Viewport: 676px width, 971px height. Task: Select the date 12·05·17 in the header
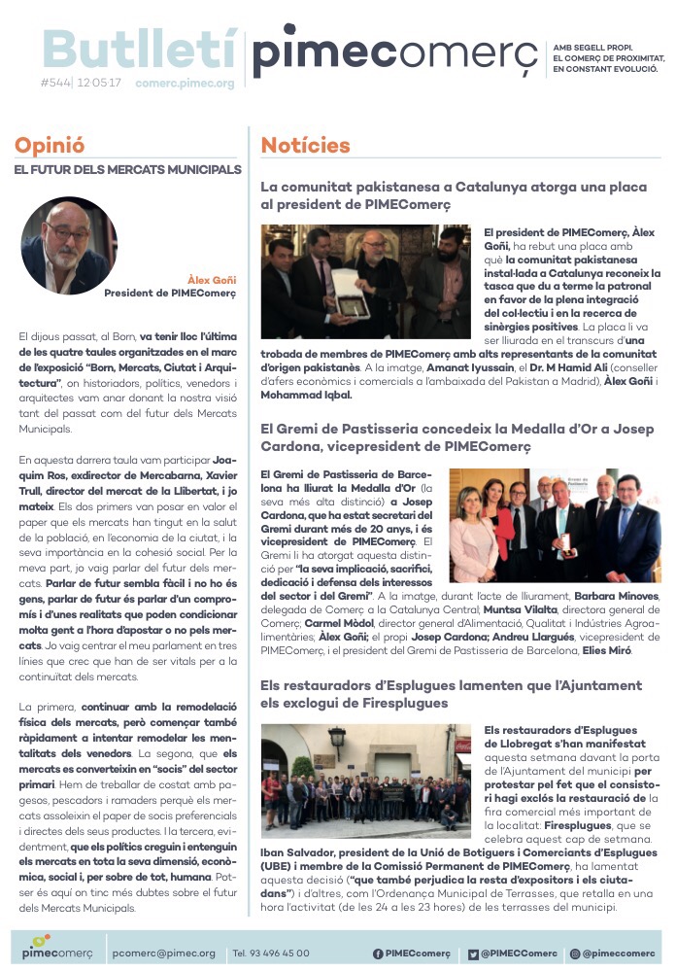coord(100,84)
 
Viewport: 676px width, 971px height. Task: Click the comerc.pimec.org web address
coord(185,84)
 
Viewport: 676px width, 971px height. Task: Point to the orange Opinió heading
coord(49,146)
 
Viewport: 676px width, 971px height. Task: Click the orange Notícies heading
coord(305,146)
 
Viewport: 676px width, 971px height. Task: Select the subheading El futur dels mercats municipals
coord(127,170)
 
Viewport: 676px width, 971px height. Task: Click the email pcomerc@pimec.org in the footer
coord(163,953)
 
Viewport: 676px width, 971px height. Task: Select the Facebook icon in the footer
coord(378,953)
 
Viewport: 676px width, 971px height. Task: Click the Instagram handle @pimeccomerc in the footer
coord(619,953)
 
